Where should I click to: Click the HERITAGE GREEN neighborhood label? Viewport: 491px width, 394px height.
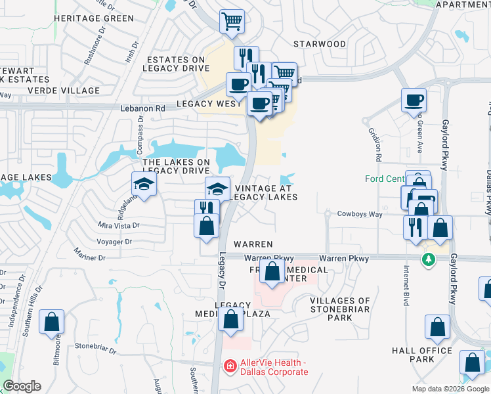click(95, 18)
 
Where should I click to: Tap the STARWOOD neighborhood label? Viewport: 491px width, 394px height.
click(320, 44)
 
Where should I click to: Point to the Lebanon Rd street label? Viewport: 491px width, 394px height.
click(142, 108)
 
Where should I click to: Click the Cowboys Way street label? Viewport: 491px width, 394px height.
click(359, 214)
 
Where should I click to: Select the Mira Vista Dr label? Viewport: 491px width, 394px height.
click(119, 225)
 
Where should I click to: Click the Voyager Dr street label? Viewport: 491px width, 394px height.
click(114, 242)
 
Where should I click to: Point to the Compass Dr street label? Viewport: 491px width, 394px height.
click(140, 131)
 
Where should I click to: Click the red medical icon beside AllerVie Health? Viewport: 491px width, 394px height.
click(230, 365)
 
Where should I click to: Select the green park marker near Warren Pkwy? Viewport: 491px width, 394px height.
click(429, 261)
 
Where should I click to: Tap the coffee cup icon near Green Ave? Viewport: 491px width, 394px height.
click(414, 100)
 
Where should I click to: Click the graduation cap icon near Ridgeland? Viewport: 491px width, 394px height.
click(144, 184)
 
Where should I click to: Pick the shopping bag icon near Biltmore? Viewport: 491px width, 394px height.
click(52, 322)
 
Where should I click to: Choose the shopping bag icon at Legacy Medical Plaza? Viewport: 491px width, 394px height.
click(230, 320)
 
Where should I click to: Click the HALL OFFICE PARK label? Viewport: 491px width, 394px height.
click(422, 355)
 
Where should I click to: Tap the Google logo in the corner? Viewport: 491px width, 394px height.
click(22, 386)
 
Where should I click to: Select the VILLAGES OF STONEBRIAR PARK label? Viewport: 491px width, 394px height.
click(340, 309)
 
